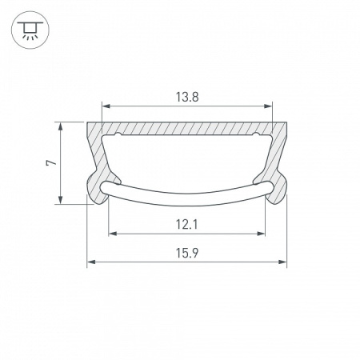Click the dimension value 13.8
click(187, 96)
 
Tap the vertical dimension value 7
click(50, 162)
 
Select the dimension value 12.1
click(187, 225)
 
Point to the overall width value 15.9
click(187, 253)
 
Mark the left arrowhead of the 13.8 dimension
click(105, 105)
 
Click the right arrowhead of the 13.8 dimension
click(270, 105)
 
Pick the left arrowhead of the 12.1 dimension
click(112, 234)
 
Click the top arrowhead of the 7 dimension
click(62, 126)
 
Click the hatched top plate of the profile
click(187, 128)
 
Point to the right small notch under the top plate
click(257, 136)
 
